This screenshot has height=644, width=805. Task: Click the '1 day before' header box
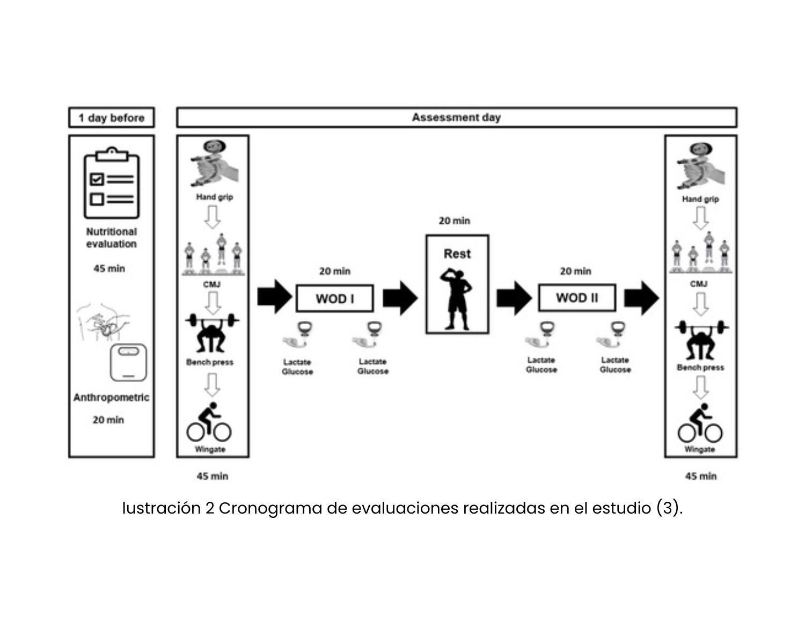(112, 118)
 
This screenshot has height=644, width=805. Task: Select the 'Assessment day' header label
(456, 118)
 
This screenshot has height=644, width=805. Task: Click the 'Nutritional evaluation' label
(112, 238)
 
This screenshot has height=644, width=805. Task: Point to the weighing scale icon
(128, 362)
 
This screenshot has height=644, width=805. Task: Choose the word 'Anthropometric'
(111, 398)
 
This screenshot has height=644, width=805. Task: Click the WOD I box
(335, 298)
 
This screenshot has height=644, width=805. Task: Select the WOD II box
(577, 298)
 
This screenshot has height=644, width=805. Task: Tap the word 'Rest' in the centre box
(457, 254)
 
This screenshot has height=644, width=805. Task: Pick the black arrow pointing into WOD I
(274, 297)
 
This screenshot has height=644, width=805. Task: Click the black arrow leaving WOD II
(641, 297)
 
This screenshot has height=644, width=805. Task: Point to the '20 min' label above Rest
(454, 221)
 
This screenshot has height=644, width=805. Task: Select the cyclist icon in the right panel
(700, 424)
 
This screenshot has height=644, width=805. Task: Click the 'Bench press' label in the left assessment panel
(210, 362)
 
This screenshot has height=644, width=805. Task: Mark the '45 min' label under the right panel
(700, 476)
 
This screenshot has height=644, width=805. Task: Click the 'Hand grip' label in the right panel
(700, 199)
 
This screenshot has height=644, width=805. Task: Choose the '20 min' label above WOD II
(575, 272)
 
